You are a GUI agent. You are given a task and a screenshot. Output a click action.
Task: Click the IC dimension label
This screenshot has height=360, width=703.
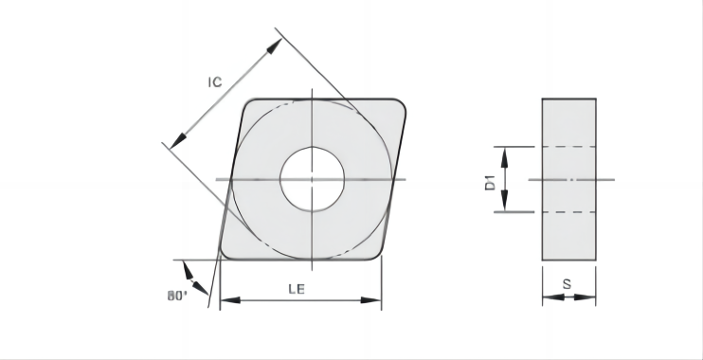click(x=215, y=82)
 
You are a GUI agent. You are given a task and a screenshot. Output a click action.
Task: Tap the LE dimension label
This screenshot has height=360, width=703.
click(x=297, y=289)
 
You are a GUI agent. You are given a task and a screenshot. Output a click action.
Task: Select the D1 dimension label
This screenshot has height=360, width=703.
click(x=491, y=183)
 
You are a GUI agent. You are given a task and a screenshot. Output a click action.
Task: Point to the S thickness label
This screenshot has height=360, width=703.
click(x=568, y=284)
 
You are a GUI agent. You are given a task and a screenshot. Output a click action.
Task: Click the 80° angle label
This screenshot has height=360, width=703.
click(x=177, y=296)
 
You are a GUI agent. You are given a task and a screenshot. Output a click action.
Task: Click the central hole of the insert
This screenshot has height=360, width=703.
click(x=312, y=179)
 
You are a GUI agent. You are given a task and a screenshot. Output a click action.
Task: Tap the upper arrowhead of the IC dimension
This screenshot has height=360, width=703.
click(x=274, y=46)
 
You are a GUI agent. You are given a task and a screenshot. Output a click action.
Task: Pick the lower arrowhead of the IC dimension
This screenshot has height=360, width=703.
click(x=178, y=141)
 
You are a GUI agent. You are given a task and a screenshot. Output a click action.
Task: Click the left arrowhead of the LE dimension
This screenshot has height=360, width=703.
click(x=230, y=300)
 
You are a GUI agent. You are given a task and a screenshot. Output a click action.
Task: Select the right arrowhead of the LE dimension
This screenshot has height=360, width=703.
click(x=371, y=300)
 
